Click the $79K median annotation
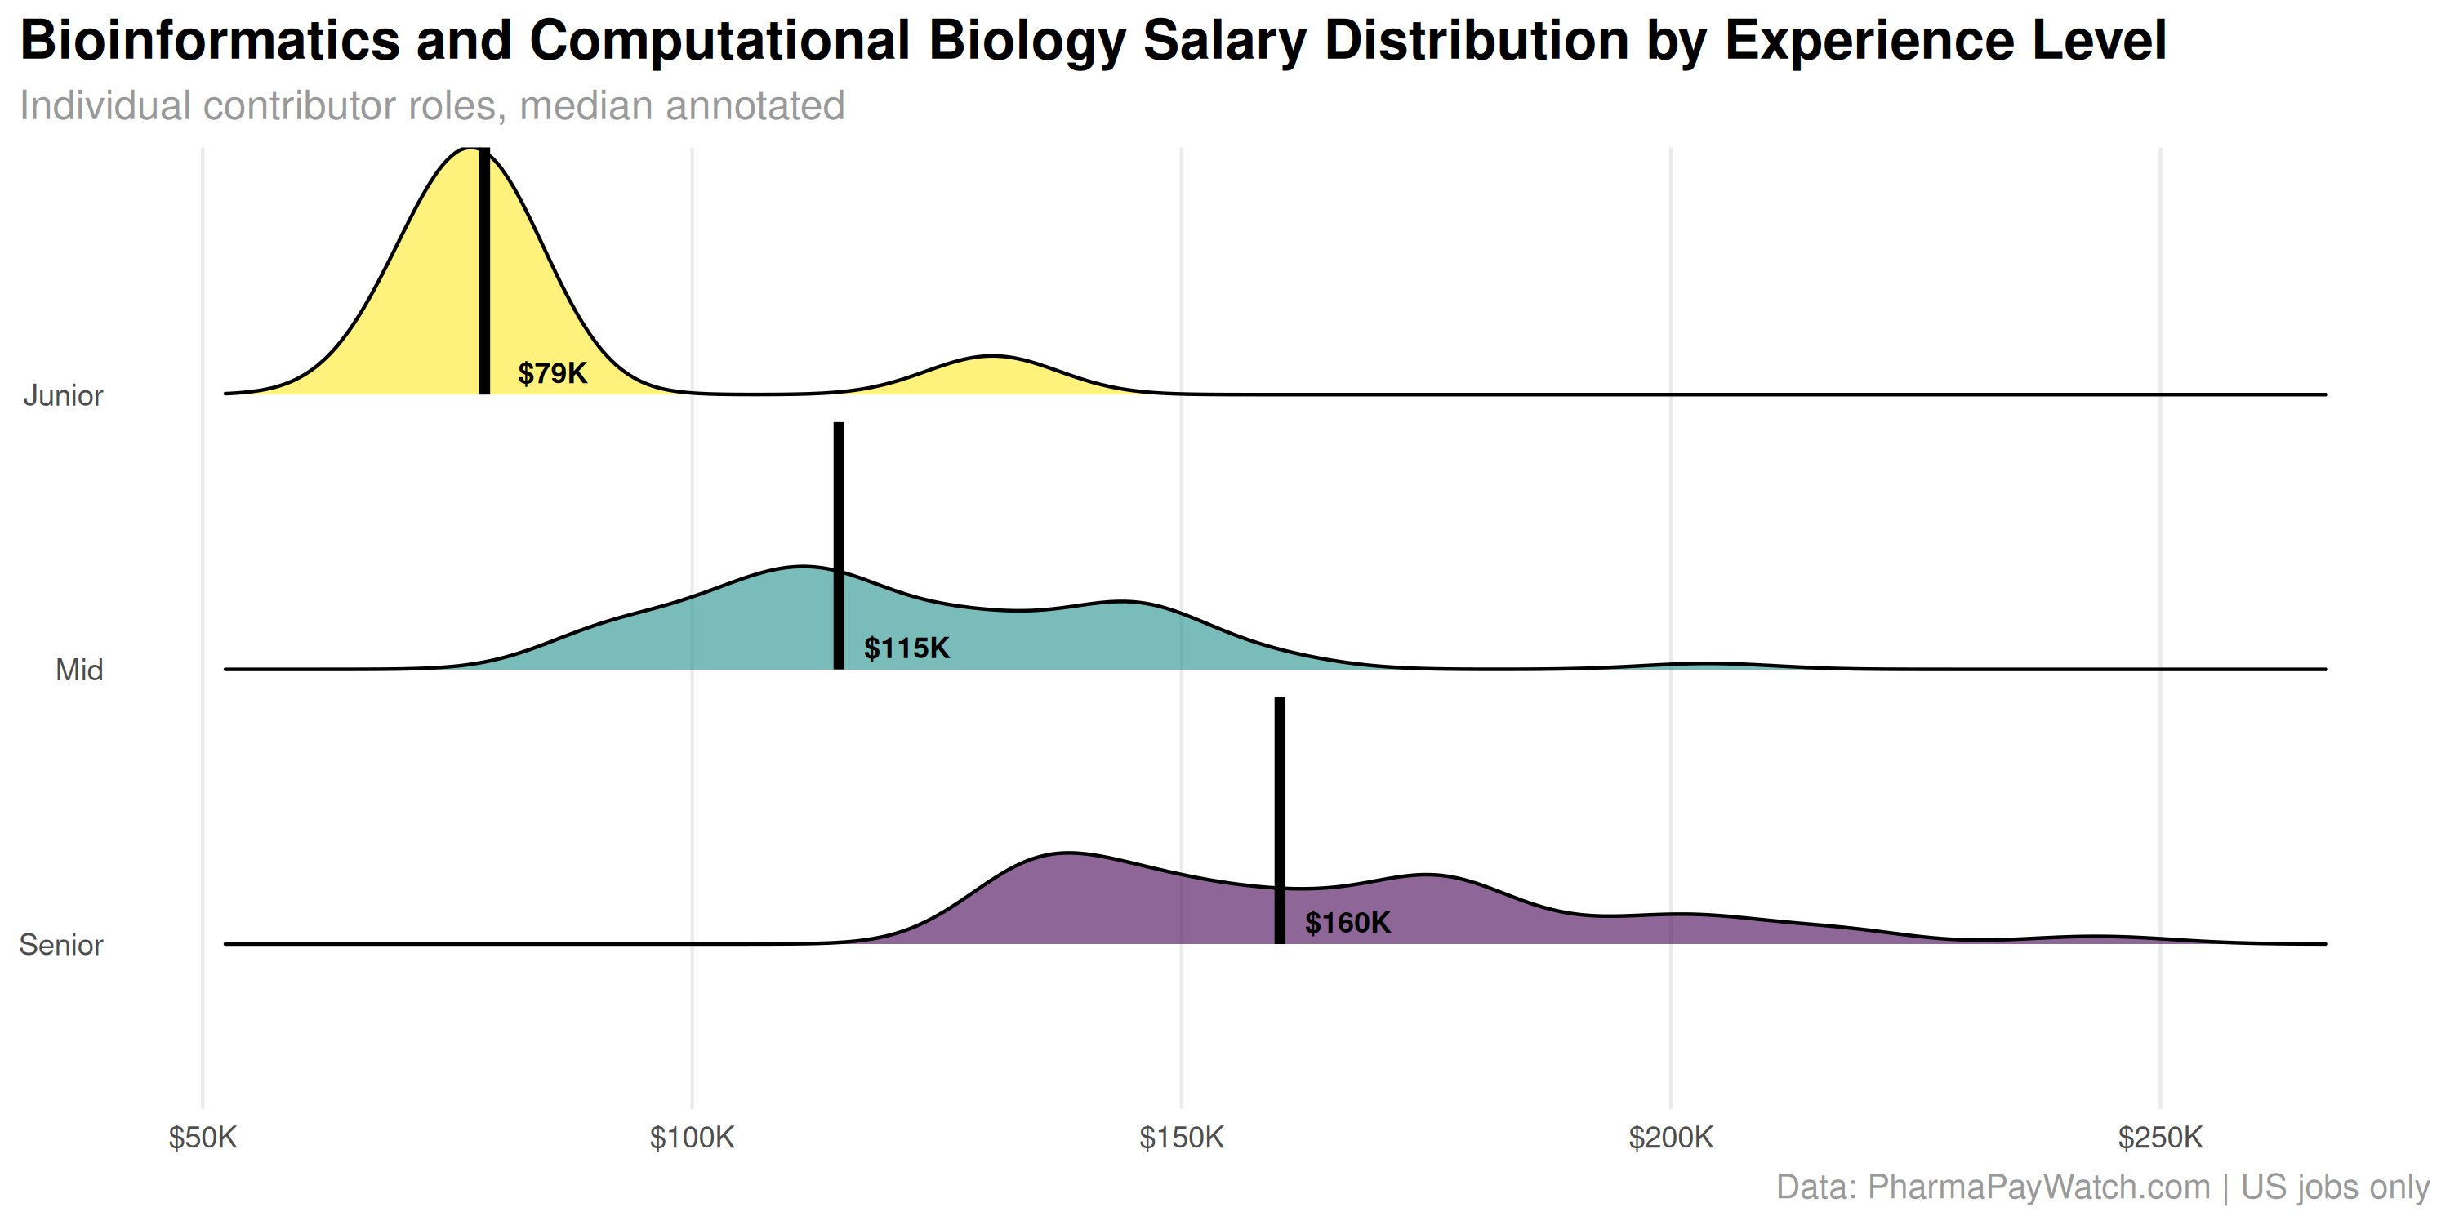click(551, 373)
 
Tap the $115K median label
click(906, 648)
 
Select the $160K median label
click(1347, 923)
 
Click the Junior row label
click(63, 395)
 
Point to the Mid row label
click(79, 670)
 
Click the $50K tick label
click(203, 1138)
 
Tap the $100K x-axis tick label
click(692, 1138)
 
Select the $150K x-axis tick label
click(1181, 1138)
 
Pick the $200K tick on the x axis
click(1670, 1138)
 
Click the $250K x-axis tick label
click(2160, 1138)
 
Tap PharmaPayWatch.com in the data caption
click(2039, 1187)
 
